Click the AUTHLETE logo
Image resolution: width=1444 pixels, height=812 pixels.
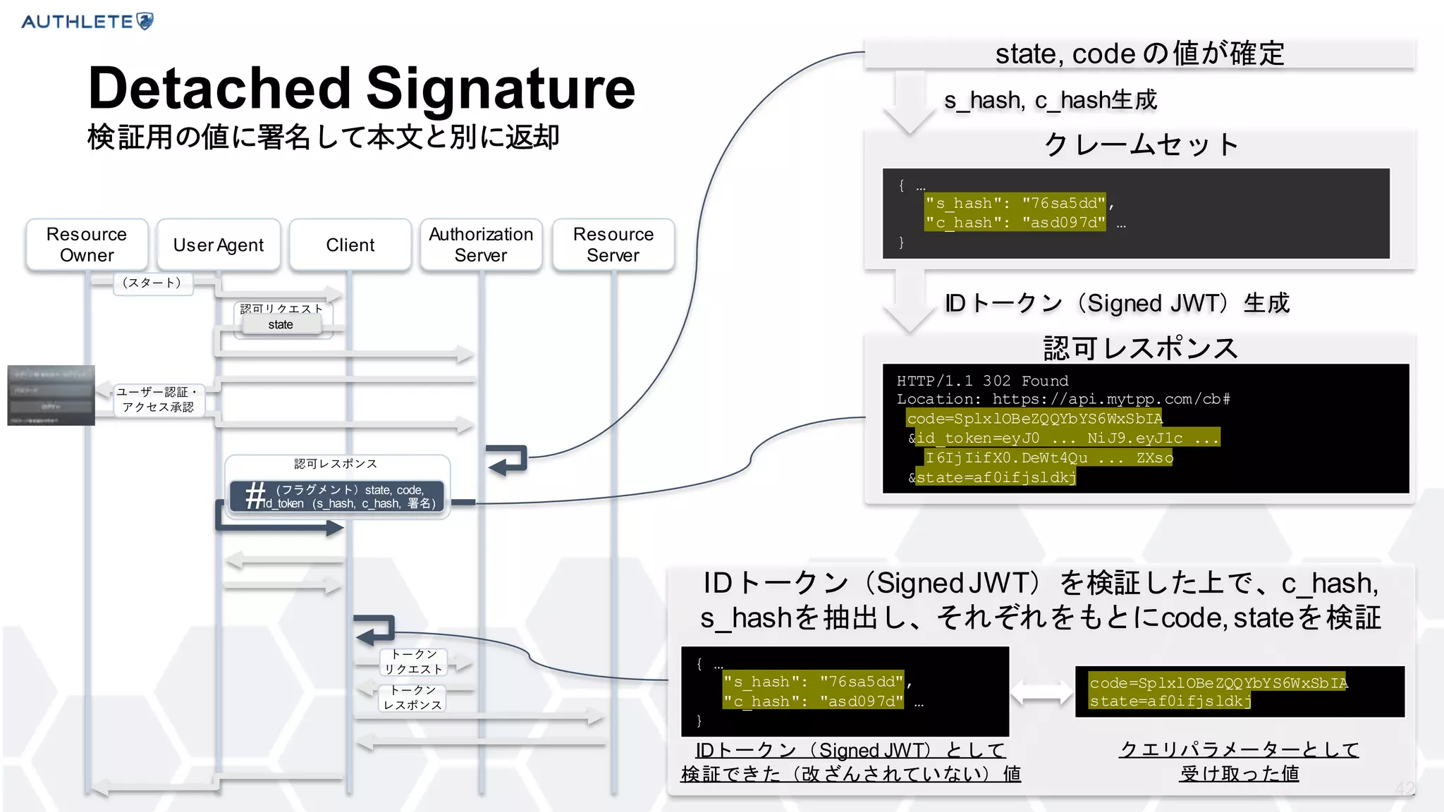(87, 21)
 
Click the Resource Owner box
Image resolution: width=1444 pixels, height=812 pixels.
(87, 245)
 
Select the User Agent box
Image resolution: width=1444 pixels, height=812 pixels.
(219, 245)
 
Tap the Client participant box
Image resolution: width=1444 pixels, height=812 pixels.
(350, 245)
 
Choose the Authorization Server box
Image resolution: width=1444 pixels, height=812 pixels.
(481, 245)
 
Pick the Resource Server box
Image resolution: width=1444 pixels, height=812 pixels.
(613, 245)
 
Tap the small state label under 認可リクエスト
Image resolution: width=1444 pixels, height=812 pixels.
(281, 325)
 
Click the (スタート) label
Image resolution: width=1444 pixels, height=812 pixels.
(152, 283)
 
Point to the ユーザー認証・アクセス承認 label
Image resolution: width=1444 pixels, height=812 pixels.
(158, 400)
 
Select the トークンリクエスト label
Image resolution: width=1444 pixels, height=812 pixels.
(413, 662)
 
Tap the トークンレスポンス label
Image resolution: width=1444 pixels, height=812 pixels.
(413, 698)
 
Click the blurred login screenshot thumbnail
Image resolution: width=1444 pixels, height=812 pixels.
(51, 395)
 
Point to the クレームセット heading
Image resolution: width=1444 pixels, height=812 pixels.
(1139, 144)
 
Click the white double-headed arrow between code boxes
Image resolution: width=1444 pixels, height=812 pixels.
(1041, 691)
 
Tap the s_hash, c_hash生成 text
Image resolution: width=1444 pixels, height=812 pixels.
(1051, 100)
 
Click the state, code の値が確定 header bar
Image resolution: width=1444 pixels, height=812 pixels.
(1139, 54)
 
